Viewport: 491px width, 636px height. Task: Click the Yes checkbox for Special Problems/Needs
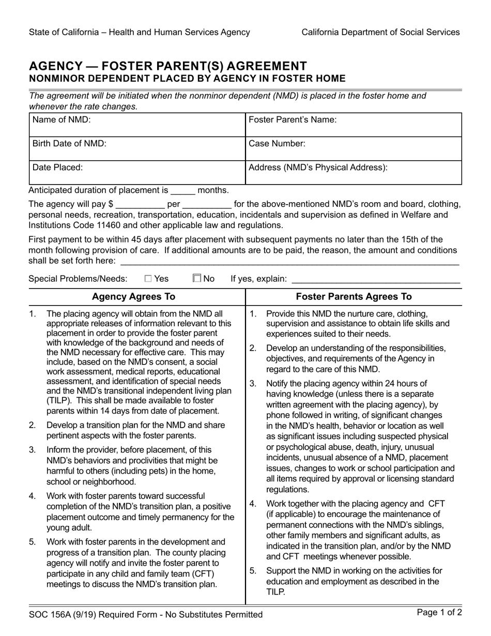click(148, 279)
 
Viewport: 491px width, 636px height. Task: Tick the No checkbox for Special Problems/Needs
click(197, 279)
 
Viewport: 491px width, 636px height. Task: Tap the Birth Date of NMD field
click(136, 148)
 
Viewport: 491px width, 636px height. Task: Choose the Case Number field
click(353, 148)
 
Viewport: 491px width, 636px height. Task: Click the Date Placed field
click(136, 173)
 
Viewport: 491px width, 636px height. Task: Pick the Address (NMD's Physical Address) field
click(353, 173)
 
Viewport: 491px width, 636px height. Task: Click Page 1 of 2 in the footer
click(439, 613)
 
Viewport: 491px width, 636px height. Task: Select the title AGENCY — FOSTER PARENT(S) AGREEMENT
click(168, 66)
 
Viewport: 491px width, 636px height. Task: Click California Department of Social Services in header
click(380, 32)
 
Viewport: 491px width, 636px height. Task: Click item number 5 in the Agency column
click(33, 542)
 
